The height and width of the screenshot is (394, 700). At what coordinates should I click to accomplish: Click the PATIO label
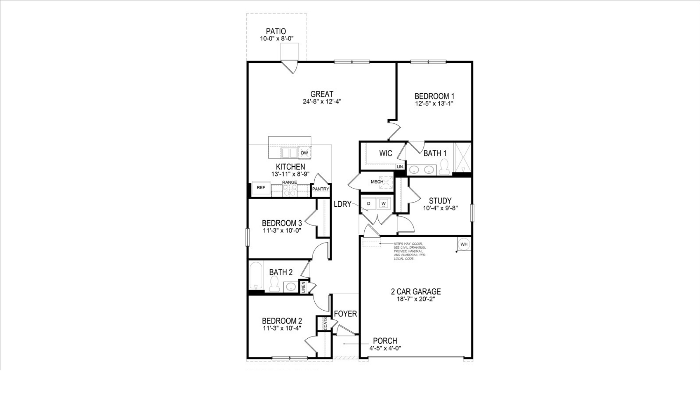(x=276, y=32)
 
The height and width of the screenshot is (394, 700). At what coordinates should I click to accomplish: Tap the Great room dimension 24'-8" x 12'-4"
(x=322, y=102)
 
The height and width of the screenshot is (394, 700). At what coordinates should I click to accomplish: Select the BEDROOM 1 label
(x=434, y=96)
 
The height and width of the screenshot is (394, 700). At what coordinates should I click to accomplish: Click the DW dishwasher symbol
(x=304, y=153)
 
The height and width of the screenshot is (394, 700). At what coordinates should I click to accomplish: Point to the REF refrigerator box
(x=261, y=188)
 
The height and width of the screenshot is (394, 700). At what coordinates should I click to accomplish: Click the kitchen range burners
(x=290, y=190)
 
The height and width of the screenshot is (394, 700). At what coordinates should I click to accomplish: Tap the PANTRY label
(x=321, y=189)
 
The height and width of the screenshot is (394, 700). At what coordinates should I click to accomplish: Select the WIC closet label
(x=385, y=153)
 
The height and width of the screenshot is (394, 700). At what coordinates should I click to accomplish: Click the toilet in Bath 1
(x=444, y=167)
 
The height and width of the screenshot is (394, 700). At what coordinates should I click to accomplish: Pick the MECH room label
(x=377, y=182)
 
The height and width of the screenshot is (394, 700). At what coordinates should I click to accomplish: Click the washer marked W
(x=384, y=203)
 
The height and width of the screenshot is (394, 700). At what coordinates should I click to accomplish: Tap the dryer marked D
(x=369, y=203)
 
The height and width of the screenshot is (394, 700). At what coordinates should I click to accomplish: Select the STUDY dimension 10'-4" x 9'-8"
(x=440, y=208)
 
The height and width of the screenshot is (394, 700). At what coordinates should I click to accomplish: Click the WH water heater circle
(x=464, y=244)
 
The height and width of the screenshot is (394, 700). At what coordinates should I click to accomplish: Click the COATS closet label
(x=325, y=324)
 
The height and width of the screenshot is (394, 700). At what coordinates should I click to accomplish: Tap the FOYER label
(x=345, y=314)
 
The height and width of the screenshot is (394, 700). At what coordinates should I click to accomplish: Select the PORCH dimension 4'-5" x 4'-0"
(x=385, y=348)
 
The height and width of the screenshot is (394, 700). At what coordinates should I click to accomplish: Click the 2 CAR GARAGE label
(x=416, y=291)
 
